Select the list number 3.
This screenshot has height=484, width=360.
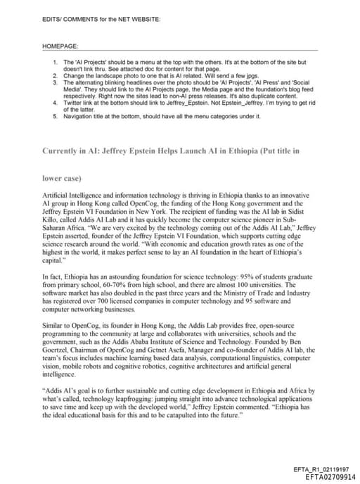56,82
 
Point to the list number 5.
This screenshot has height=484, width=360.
56,115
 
